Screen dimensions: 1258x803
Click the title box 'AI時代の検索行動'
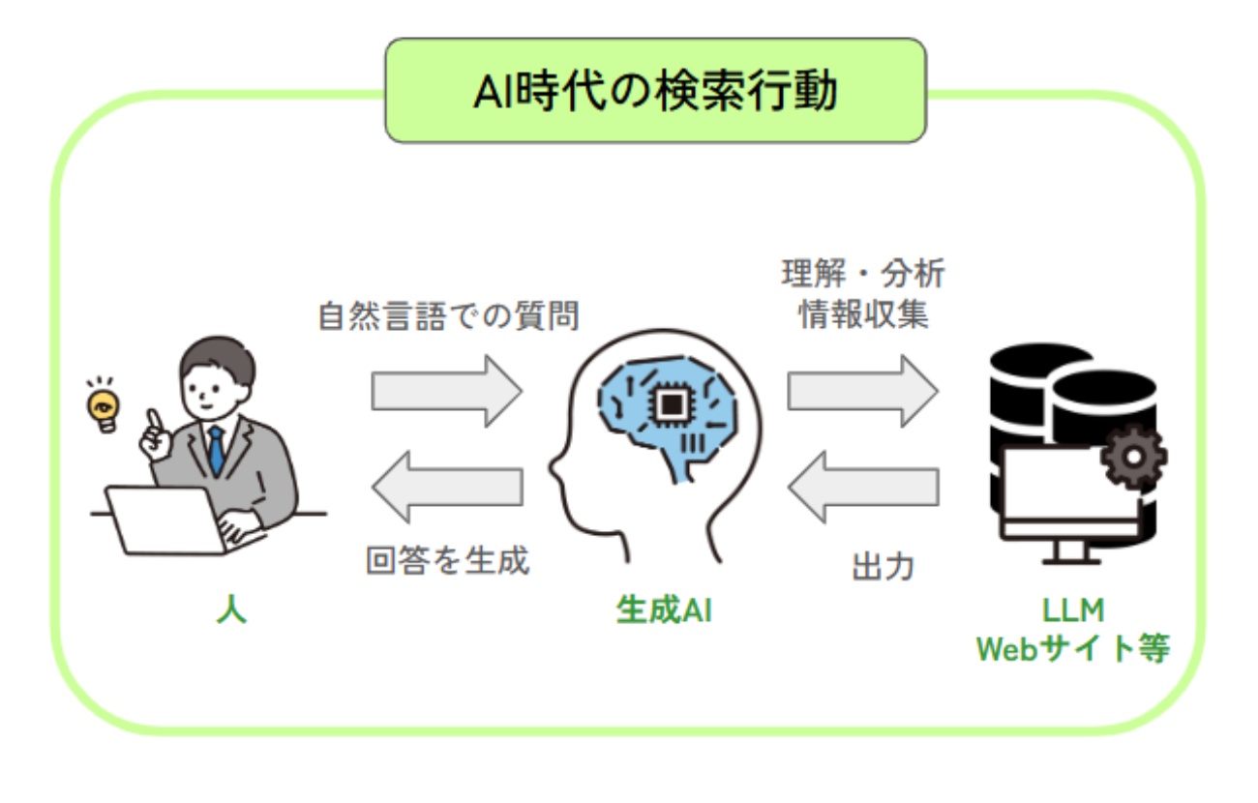(655, 90)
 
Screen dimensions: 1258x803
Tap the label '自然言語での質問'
(448, 316)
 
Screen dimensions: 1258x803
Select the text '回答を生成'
(448, 560)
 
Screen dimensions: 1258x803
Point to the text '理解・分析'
(863, 274)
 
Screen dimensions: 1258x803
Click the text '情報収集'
(863, 313)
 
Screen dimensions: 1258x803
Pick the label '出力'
(883, 566)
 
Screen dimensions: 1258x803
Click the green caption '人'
(231, 609)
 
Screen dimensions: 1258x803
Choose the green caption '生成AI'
(664, 610)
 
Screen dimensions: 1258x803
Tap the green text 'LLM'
(1073, 610)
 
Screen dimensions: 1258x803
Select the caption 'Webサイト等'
(1073, 649)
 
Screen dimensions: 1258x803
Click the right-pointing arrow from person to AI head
(447, 391)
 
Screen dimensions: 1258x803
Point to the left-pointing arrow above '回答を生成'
(448, 487)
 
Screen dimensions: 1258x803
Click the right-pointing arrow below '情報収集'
(862, 391)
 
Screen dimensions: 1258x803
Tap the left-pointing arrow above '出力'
(863, 487)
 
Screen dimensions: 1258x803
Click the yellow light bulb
(103, 410)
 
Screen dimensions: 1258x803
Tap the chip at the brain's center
(672, 403)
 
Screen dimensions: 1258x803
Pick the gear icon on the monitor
(1133, 457)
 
